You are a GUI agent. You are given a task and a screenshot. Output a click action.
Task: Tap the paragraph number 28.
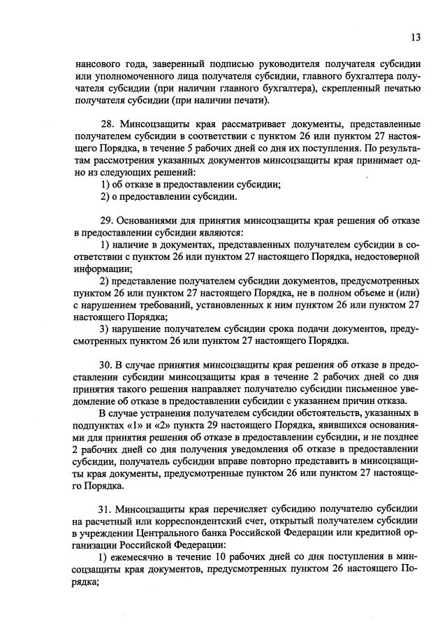[108, 122]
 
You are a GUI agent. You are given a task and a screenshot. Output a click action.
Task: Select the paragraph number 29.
[108, 221]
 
